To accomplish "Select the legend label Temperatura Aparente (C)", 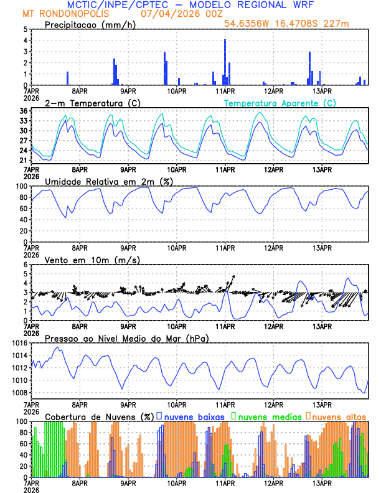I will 280,103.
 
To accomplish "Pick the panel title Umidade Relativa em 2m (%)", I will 105,181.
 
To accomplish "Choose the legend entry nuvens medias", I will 267,416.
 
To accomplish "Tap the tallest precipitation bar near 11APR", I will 225,62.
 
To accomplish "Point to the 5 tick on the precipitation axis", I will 25,29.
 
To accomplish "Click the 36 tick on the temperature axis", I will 23,111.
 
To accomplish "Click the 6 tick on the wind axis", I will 25,265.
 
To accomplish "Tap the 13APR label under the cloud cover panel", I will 321,483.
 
